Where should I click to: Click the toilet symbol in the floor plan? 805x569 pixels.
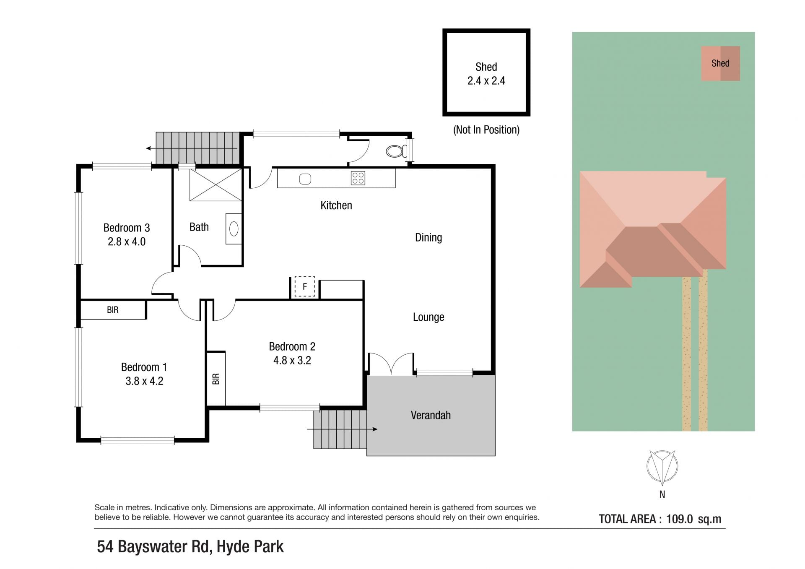(396, 151)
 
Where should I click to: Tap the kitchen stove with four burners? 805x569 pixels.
(358, 178)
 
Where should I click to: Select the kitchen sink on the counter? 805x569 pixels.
(305, 179)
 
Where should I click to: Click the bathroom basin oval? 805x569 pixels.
(234, 229)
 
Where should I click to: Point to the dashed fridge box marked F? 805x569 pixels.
(305, 287)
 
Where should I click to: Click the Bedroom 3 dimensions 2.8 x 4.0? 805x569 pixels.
(127, 242)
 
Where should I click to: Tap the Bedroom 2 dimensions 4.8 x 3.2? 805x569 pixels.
(292, 361)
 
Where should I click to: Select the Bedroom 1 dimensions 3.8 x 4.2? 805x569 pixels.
(144, 381)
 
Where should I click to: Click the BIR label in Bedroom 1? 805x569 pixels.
(113, 310)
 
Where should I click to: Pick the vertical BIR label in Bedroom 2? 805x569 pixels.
(216, 379)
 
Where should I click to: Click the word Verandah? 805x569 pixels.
(431, 415)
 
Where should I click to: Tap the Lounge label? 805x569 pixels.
(428, 317)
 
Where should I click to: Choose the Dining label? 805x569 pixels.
(428, 237)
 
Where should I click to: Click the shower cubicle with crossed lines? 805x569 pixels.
(216, 185)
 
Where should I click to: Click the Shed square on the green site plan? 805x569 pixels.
(720, 63)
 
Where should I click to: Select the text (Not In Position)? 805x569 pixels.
(486, 130)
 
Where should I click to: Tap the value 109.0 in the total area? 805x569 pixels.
(680, 519)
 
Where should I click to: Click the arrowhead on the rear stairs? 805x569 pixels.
(148, 148)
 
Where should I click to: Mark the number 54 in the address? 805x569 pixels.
(105, 547)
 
